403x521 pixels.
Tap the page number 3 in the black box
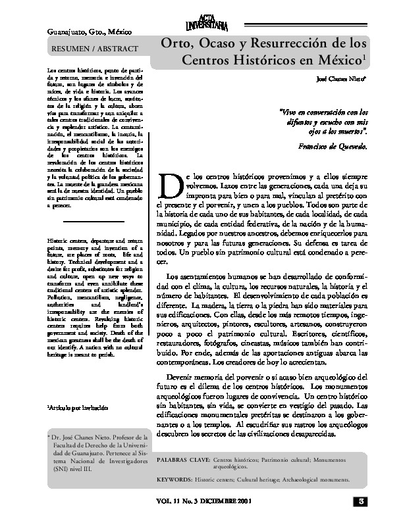361,502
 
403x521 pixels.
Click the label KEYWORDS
182,480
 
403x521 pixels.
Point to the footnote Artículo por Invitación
75,409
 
